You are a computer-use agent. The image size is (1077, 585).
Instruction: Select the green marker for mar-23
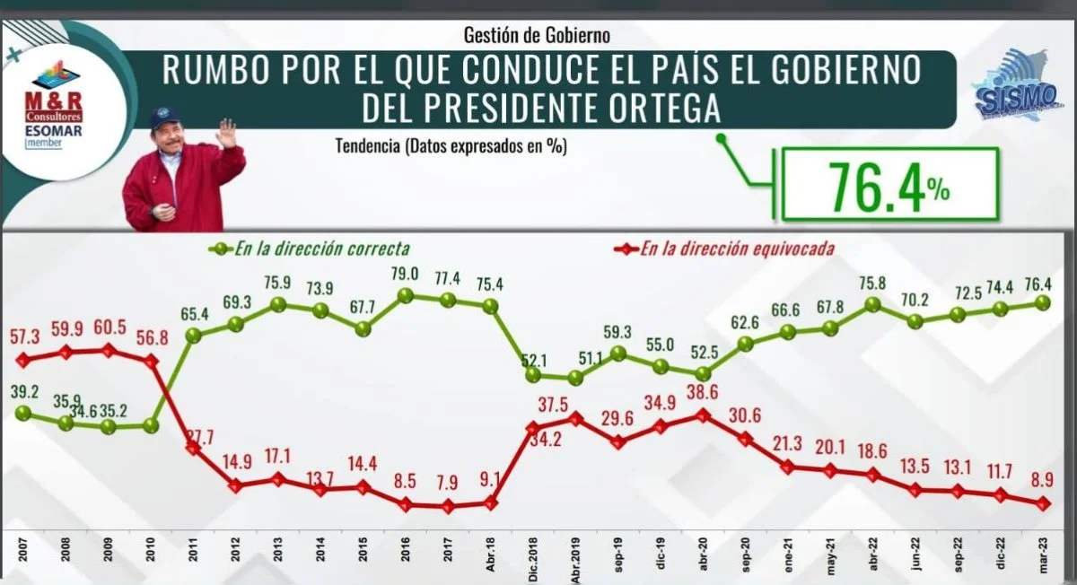(x=1042, y=302)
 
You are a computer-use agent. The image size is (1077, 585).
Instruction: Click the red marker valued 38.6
(x=704, y=415)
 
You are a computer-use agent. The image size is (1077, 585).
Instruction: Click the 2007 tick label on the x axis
(x=20, y=550)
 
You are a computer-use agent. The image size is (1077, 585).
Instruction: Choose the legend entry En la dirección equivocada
(x=736, y=249)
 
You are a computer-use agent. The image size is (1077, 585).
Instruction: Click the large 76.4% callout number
(x=875, y=186)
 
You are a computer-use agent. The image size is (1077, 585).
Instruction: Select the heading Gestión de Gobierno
(x=537, y=36)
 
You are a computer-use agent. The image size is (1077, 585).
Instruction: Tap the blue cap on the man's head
(x=164, y=118)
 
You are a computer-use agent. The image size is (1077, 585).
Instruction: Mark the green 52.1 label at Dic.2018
(x=537, y=359)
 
